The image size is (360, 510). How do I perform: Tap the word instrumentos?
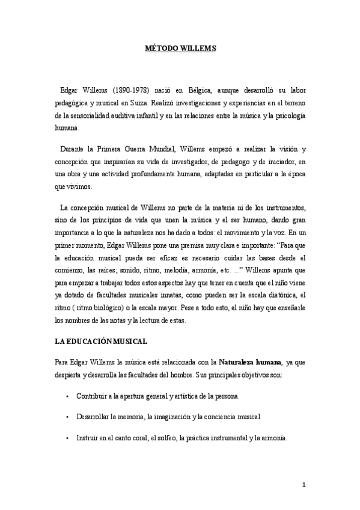click(286, 207)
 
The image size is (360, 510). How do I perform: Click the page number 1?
click(304, 485)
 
